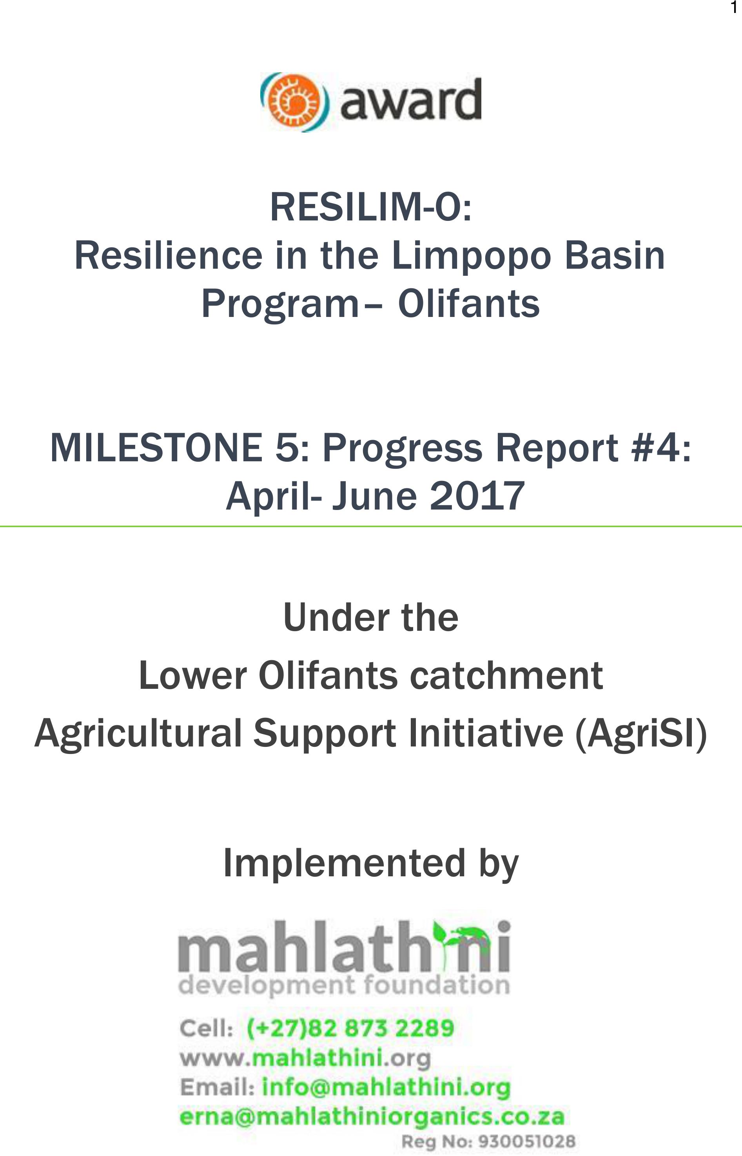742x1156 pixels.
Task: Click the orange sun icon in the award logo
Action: (294, 102)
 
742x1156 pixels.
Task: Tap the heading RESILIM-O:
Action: (370, 206)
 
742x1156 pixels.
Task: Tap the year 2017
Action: (477, 496)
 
